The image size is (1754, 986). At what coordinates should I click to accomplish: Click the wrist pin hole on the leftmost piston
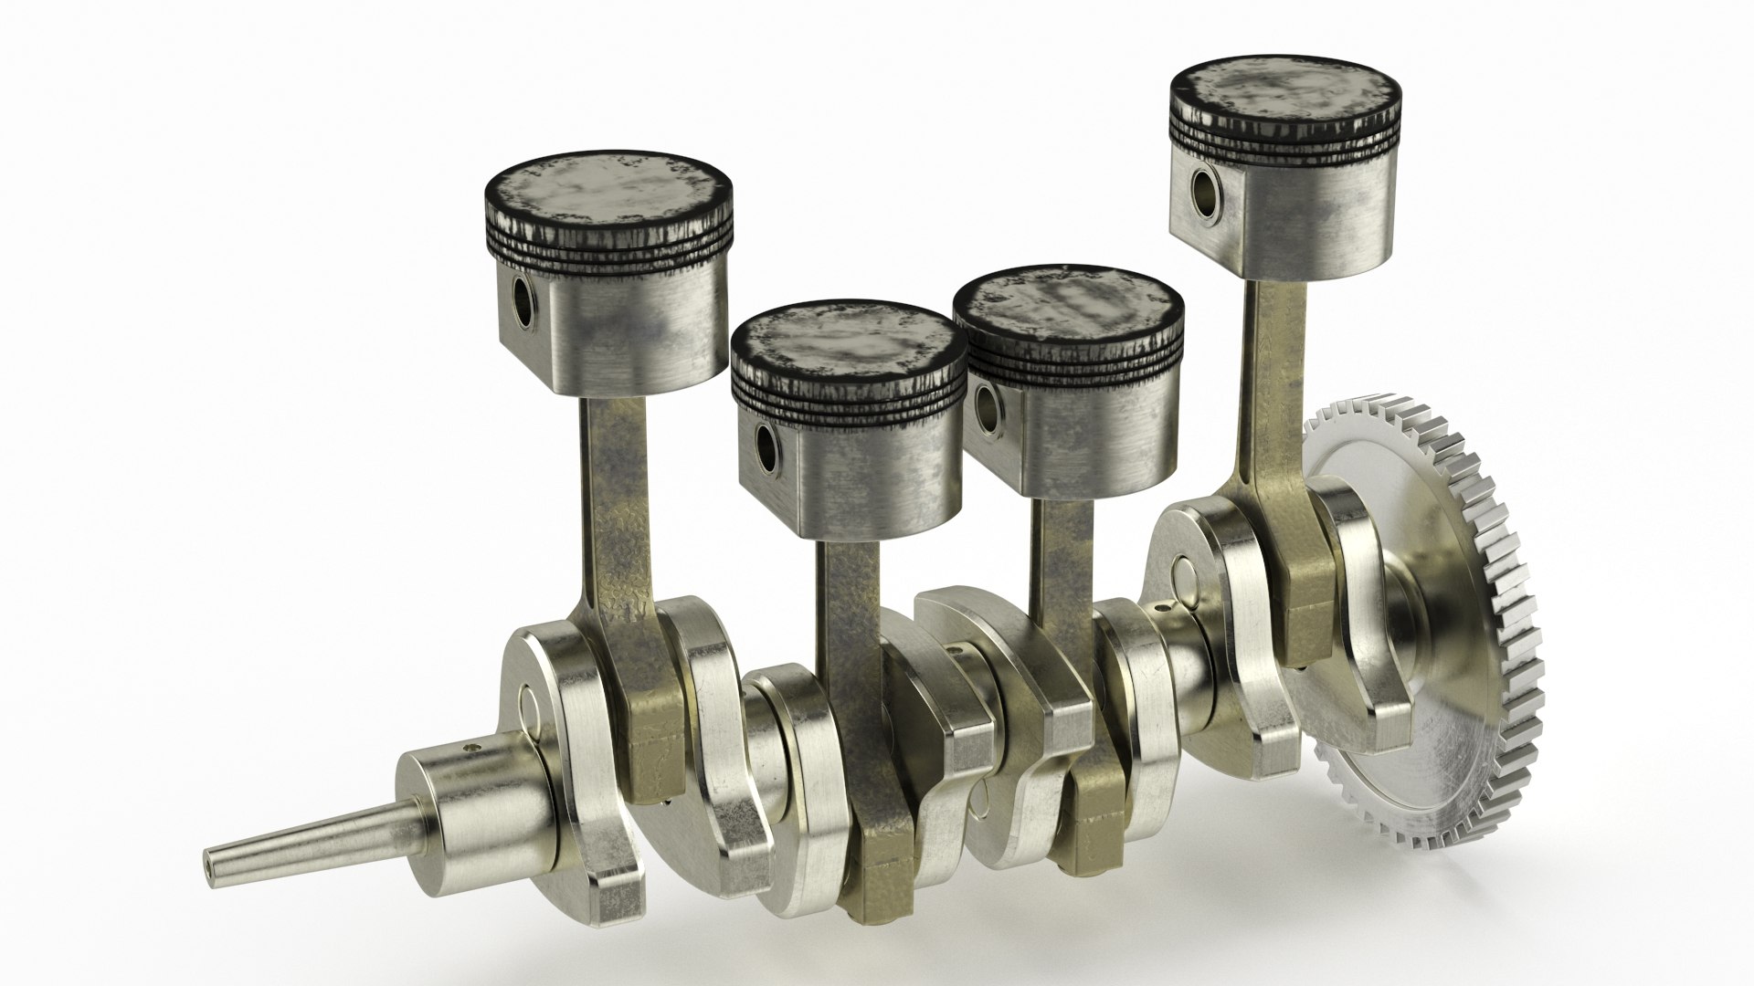click(x=523, y=302)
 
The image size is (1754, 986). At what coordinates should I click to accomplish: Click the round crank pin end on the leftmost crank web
click(x=530, y=708)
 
